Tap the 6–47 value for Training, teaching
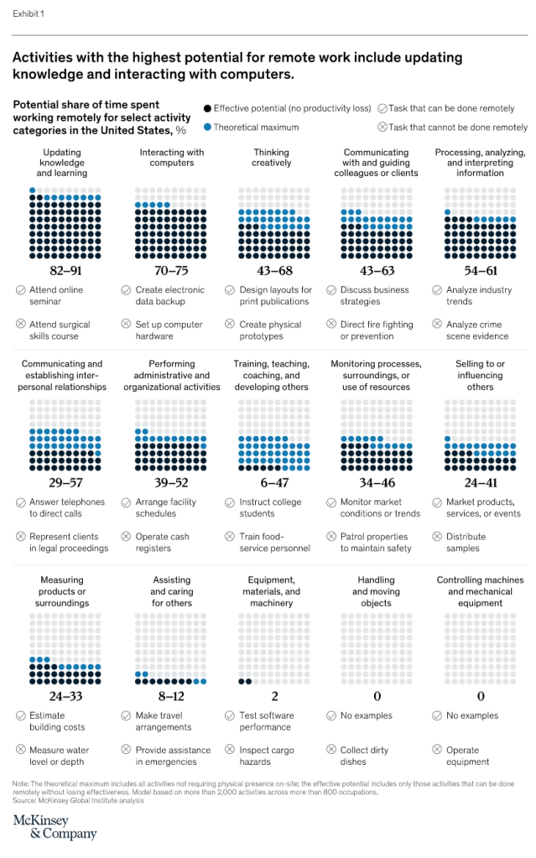271,482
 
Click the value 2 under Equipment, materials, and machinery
271,695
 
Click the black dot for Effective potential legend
207,108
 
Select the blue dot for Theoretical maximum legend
207,127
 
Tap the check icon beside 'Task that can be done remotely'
382,108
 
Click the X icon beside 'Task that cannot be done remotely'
382,127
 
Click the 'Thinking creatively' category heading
271,158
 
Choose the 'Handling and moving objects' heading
376,591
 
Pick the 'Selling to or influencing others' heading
480,376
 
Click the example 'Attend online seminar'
55,295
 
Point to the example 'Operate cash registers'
162,542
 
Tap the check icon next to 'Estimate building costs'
21,715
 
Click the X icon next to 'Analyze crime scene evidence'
439,324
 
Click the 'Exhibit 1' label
29,14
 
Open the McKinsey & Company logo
55,826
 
